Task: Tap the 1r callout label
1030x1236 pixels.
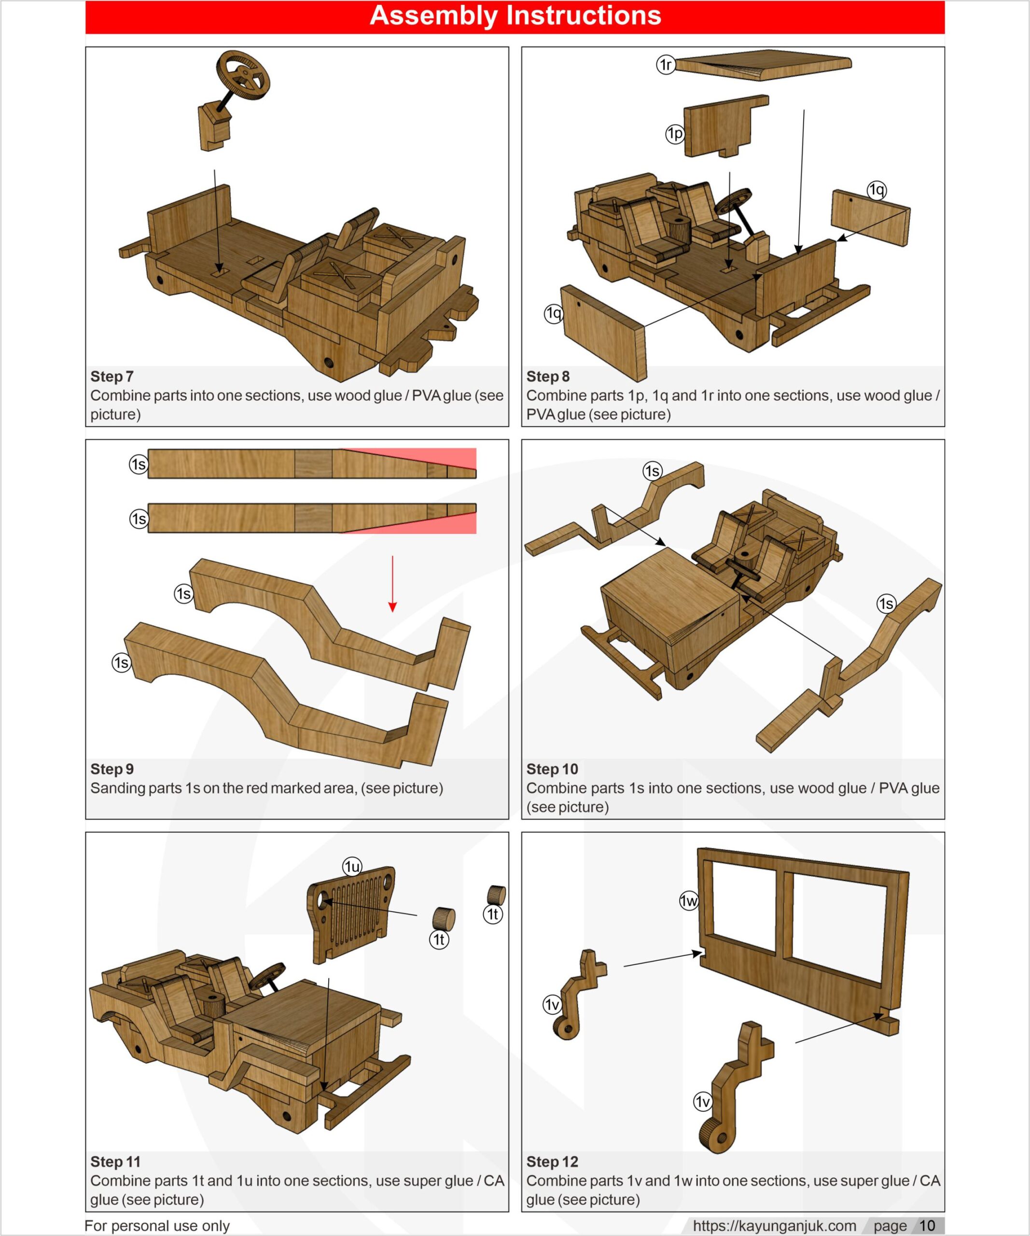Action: [665, 64]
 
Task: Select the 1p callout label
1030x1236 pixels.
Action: [675, 134]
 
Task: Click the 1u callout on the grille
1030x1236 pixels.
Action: [352, 867]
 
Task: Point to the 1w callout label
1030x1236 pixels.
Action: [688, 901]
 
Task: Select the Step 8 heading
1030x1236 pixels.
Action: [548, 377]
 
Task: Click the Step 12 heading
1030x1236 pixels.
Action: [552, 1162]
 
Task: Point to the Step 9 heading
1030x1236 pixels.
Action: [112, 769]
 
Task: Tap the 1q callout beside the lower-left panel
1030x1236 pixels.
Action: [553, 314]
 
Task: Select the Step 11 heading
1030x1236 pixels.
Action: [115, 1162]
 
